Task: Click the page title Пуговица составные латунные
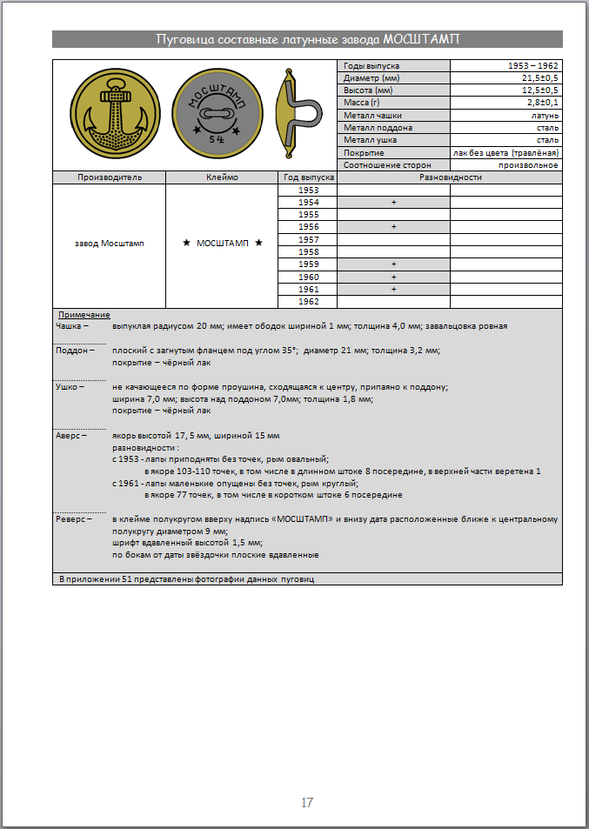307,39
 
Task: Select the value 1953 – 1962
532,66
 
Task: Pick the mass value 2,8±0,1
539,103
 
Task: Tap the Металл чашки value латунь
545,115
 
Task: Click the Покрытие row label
364,152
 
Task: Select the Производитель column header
109,177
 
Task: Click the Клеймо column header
221,177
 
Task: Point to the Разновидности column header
450,177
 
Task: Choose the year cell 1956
308,227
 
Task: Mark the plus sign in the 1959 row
393,264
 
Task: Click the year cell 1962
308,301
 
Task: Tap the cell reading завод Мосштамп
110,244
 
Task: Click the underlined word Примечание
84,314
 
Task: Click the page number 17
306,803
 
